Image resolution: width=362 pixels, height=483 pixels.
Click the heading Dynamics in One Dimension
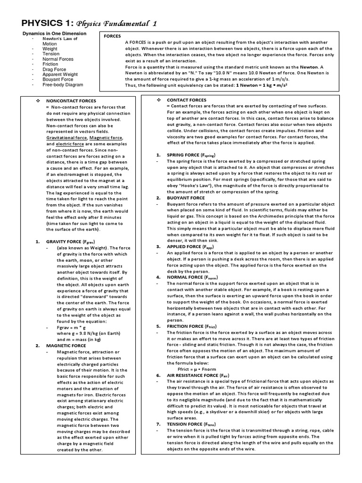(54, 34)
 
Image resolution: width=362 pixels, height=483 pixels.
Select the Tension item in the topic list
(51, 54)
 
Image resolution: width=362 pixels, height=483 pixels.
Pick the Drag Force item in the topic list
(54, 69)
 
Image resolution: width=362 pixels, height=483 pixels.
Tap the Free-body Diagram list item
(63, 85)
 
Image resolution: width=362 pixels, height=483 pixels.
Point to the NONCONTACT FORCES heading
(71, 101)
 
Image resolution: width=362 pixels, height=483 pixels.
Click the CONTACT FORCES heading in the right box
(186, 100)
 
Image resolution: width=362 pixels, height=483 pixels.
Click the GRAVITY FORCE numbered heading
(74, 241)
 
